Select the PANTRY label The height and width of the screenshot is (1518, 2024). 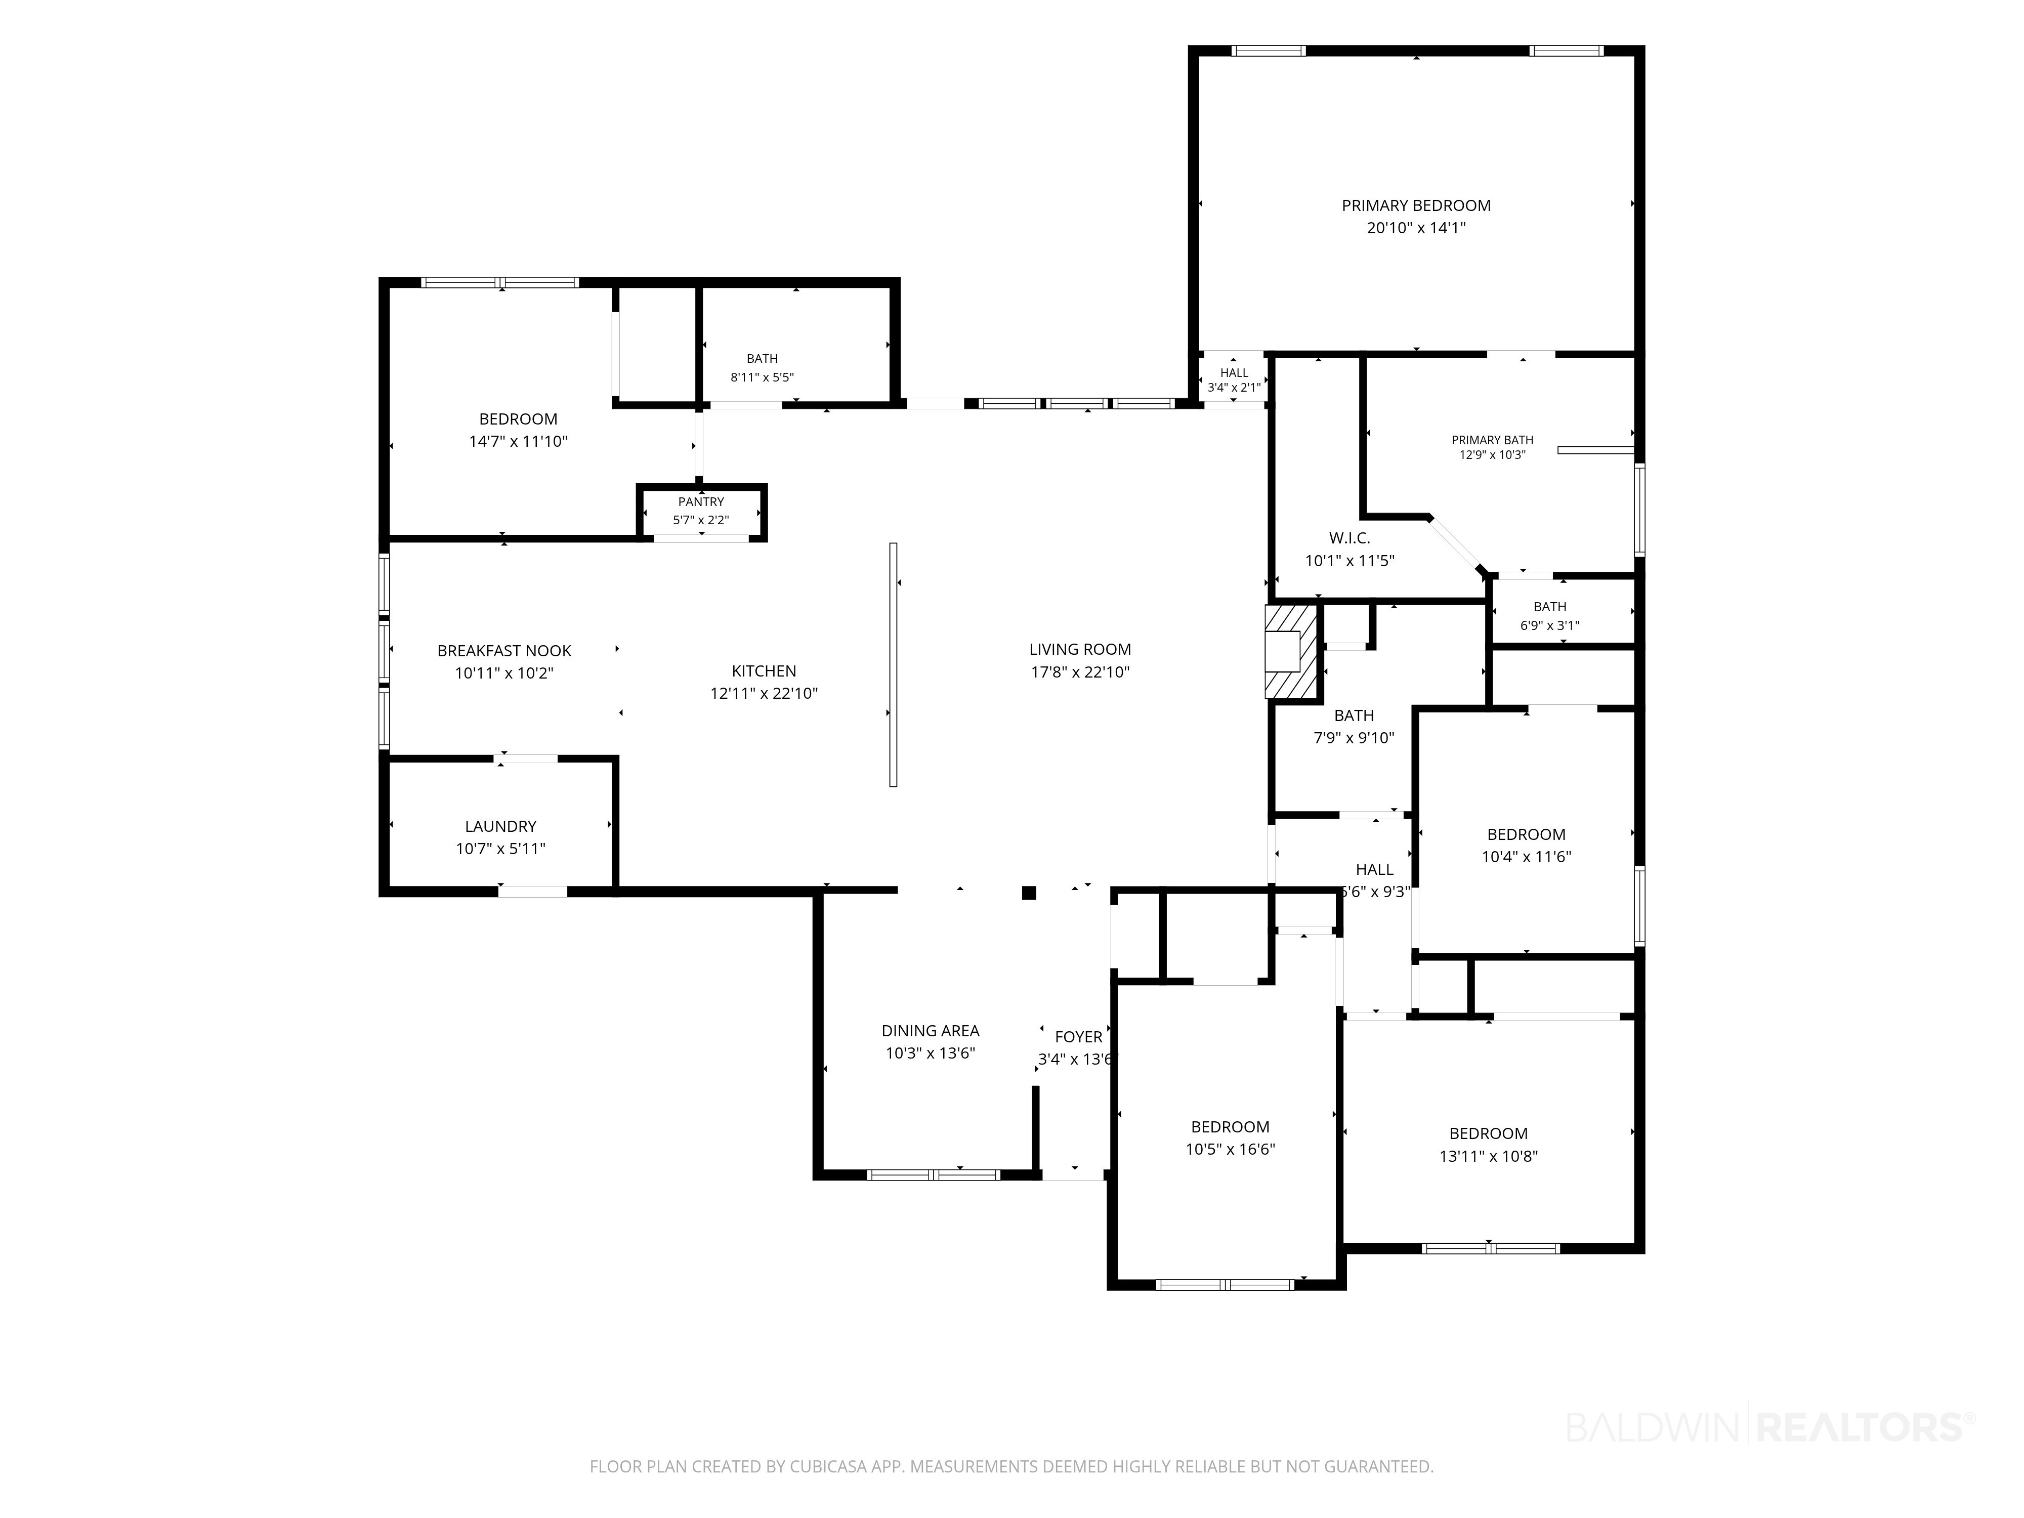701,501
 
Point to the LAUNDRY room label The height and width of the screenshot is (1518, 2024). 500,826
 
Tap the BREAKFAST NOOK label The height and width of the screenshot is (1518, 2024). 504,651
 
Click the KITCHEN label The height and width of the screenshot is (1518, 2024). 764,670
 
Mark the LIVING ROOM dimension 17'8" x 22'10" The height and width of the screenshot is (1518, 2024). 1080,671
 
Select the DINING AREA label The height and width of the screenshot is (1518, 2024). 931,1030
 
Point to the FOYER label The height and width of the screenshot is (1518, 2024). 1079,1037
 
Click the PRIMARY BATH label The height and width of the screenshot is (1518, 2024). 1492,440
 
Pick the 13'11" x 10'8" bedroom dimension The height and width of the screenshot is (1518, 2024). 1489,1156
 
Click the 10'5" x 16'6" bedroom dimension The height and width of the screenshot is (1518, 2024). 1231,1149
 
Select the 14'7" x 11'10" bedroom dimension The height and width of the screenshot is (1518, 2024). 519,441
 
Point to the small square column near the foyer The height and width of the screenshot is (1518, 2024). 1029,893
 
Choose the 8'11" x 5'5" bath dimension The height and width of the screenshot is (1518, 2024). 762,377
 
